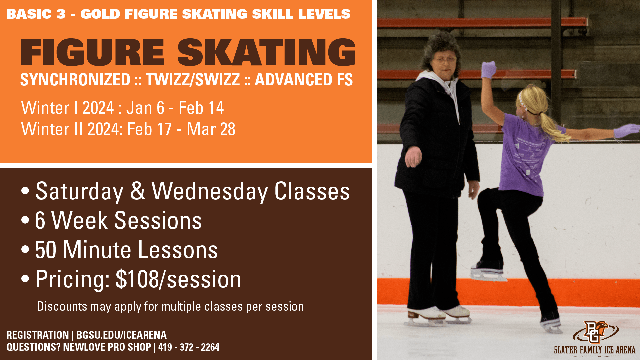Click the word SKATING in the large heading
[266, 52]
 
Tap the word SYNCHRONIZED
[75, 79]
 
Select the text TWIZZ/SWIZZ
[193, 79]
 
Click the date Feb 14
[201, 108]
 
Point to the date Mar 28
[211, 129]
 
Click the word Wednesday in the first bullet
[210, 191]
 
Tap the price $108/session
[178, 279]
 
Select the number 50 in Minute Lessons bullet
[46, 250]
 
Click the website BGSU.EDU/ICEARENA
[121, 335]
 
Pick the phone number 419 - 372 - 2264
[189, 347]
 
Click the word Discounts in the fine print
[62, 306]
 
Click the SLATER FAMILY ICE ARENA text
[595, 350]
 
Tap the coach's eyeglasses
[445, 60]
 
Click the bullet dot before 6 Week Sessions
[25, 220]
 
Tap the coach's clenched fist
[413, 157]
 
